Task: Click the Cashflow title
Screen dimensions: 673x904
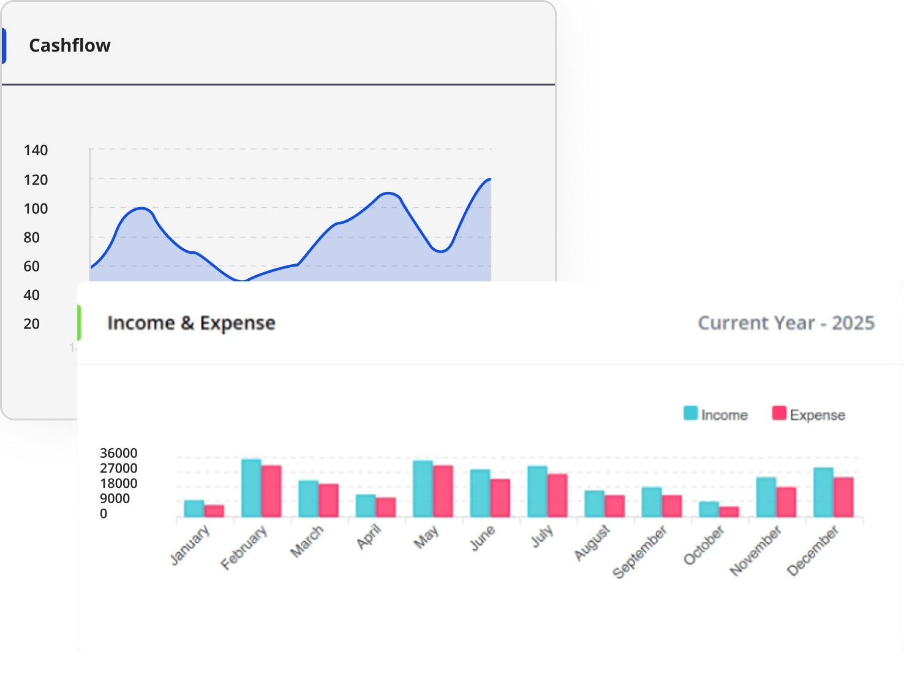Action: tap(70, 46)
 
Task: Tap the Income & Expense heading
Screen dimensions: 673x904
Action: tap(191, 323)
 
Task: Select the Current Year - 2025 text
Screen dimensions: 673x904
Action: tap(786, 323)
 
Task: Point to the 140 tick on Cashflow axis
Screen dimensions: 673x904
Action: tap(36, 151)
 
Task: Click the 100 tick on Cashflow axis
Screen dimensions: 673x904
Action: tap(36, 209)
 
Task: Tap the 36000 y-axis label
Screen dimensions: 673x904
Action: tap(118, 454)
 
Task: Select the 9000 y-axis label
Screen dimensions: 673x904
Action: tap(115, 499)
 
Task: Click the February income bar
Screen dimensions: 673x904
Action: tap(251, 488)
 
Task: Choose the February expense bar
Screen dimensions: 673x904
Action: tap(271, 491)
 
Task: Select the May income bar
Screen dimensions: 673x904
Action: tap(423, 489)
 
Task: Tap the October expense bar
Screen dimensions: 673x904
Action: tap(729, 512)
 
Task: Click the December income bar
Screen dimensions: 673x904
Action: tap(823, 492)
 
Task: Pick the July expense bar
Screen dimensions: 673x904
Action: tap(557, 495)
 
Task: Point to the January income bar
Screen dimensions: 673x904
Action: tap(194, 509)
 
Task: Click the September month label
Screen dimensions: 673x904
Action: tap(641, 552)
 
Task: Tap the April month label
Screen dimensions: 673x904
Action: tap(369, 538)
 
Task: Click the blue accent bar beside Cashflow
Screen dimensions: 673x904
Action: tap(4, 46)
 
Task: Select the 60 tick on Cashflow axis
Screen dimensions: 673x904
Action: tap(31, 267)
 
